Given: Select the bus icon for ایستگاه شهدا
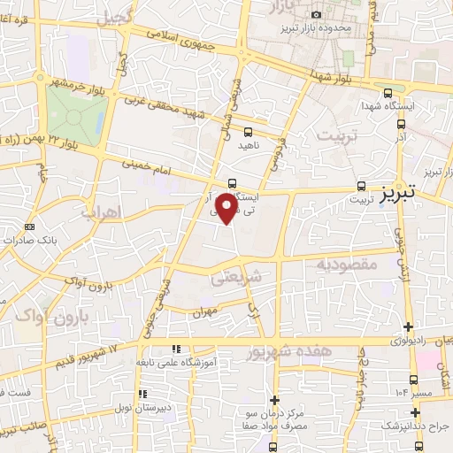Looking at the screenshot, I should (x=387, y=93).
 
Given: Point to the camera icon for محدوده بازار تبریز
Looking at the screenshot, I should (x=317, y=14).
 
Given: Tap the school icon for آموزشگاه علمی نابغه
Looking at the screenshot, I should (x=175, y=349).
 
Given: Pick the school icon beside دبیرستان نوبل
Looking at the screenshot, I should (x=140, y=395).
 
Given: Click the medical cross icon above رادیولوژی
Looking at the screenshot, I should (x=408, y=326).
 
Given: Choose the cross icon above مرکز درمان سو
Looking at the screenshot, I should (x=275, y=400).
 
